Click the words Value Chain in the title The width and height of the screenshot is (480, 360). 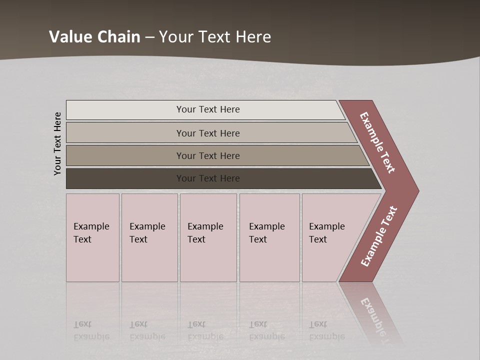coord(94,36)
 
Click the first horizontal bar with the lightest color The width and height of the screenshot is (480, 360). coord(125,109)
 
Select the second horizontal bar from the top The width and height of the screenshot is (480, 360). coord(125,133)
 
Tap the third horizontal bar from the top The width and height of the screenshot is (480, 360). coord(125,155)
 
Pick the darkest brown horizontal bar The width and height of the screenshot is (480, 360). coord(125,178)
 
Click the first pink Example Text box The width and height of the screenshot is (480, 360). coord(92,260)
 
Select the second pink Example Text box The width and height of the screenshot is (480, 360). coord(149,260)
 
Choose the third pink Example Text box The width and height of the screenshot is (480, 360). coord(208,260)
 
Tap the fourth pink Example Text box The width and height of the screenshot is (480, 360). coord(269,260)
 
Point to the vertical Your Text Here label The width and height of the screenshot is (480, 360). coord(58,144)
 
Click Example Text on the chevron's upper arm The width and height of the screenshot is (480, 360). coord(377,142)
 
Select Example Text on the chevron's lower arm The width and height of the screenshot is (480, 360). coord(379,236)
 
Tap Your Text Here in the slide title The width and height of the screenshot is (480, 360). coord(215,36)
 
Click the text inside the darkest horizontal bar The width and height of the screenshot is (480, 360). coord(208,178)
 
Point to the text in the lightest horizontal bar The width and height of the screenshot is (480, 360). coord(208,109)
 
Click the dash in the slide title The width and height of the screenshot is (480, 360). coord(149,37)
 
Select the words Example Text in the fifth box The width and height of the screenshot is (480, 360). coord(326,233)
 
